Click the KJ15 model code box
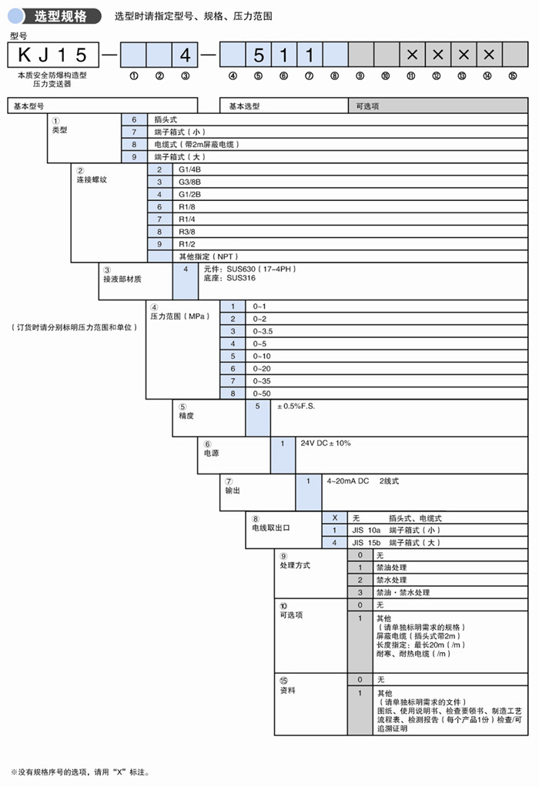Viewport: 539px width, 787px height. click(x=53, y=55)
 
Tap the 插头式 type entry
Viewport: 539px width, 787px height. click(x=166, y=120)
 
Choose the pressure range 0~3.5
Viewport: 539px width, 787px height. click(x=264, y=331)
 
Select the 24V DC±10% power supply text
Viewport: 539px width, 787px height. click(x=325, y=444)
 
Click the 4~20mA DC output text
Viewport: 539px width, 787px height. click(x=348, y=481)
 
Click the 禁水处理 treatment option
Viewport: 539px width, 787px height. click(x=391, y=580)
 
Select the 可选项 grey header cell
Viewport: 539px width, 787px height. click(x=368, y=106)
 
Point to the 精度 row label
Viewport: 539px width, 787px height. click(x=186, y=416)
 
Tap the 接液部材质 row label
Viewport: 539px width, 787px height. click(x=122, y=279)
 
